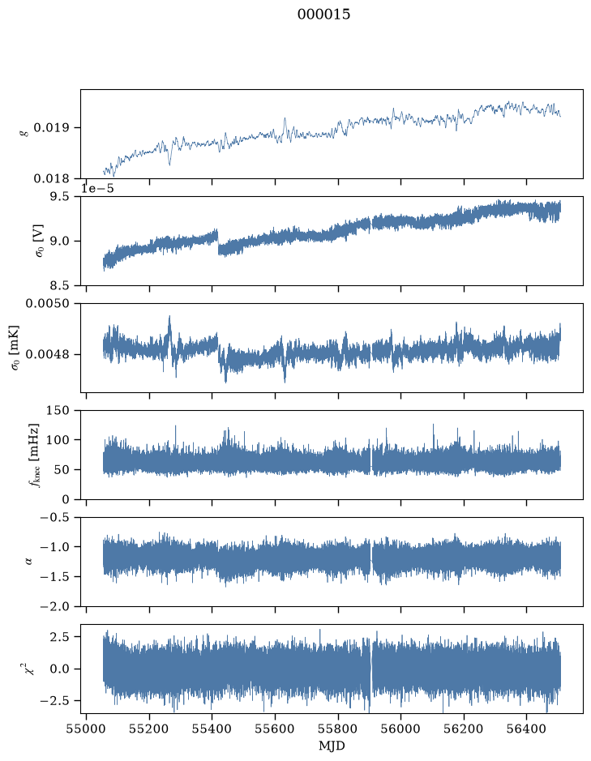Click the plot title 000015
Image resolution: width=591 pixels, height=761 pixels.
click(x=323, y=15)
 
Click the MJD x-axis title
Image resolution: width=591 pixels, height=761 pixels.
click(x=332, y=746)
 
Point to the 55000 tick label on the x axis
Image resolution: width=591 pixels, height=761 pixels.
click(x=87, y=729)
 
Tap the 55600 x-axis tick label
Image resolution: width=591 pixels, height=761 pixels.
click(x=275, y=729)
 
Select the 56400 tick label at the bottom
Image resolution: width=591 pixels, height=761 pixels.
click(x=527, y=729)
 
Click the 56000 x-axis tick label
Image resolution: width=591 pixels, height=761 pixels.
click(x=401, y=729)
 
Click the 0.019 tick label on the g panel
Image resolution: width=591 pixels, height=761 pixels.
click(x=51, y=128)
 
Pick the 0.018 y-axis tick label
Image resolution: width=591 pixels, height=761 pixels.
click(x=51, y=179)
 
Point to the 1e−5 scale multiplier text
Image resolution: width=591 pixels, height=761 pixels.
click(x=97, y=188)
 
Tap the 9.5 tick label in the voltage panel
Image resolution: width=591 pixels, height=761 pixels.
click(x=60, y=197)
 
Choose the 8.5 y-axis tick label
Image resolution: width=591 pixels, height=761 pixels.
click(x=60, y=285)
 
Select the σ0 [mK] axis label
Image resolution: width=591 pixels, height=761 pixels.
click(x=15, y=348)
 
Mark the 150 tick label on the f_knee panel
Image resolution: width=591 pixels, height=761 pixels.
click(x=58, y=411)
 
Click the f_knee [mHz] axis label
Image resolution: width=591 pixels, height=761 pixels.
click(x=33, y=455)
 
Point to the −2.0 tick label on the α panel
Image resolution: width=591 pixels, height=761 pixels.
click(x=55, y=607)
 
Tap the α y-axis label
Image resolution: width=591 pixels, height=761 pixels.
click(x=28, y=562)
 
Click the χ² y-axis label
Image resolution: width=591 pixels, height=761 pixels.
click(x=30, y=669)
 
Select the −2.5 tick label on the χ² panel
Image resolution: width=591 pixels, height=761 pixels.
click(x=55, y=701)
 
